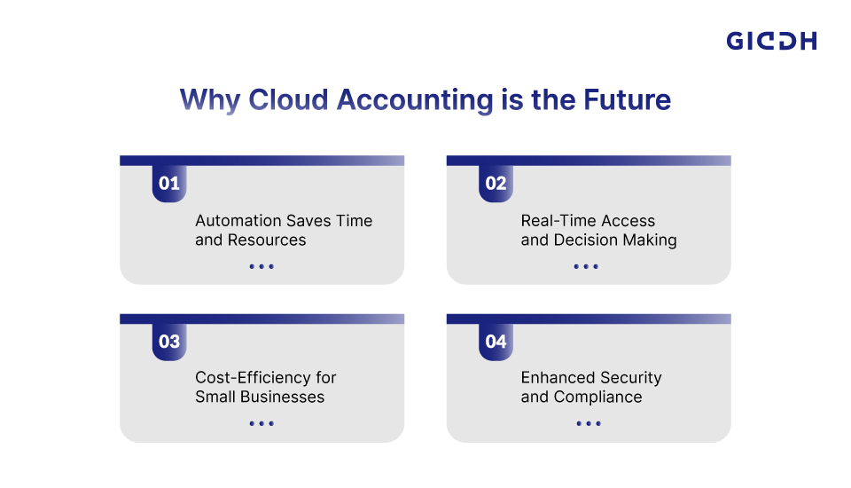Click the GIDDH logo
[x=771, y=41]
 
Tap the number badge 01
[x=169, y=183]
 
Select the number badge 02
[x=496, y=183]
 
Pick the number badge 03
[x=169, y=342]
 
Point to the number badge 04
[x=496, y=342]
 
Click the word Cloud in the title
[x=288, y=100]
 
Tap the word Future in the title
[x=628, y=100]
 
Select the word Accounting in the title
[x=415, y=101]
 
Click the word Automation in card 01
[x=238, y=221]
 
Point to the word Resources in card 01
[x=267, y=240]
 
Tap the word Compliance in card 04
[x=597, y=397]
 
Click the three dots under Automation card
[x=262, y=266]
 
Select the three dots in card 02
[x=586, y=266]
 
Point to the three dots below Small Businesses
[x=262, y=423]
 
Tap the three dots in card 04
[x=589, y=423]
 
